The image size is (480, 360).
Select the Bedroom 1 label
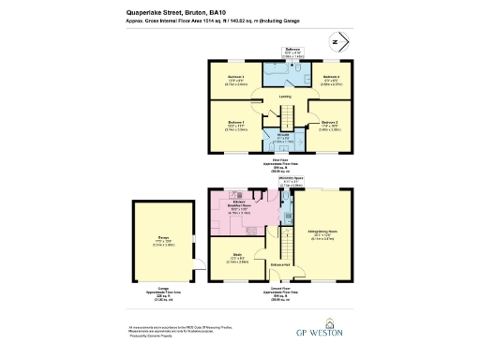click(235, 123)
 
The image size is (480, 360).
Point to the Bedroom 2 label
click(328, 123)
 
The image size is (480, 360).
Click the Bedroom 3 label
click(235, 77)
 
